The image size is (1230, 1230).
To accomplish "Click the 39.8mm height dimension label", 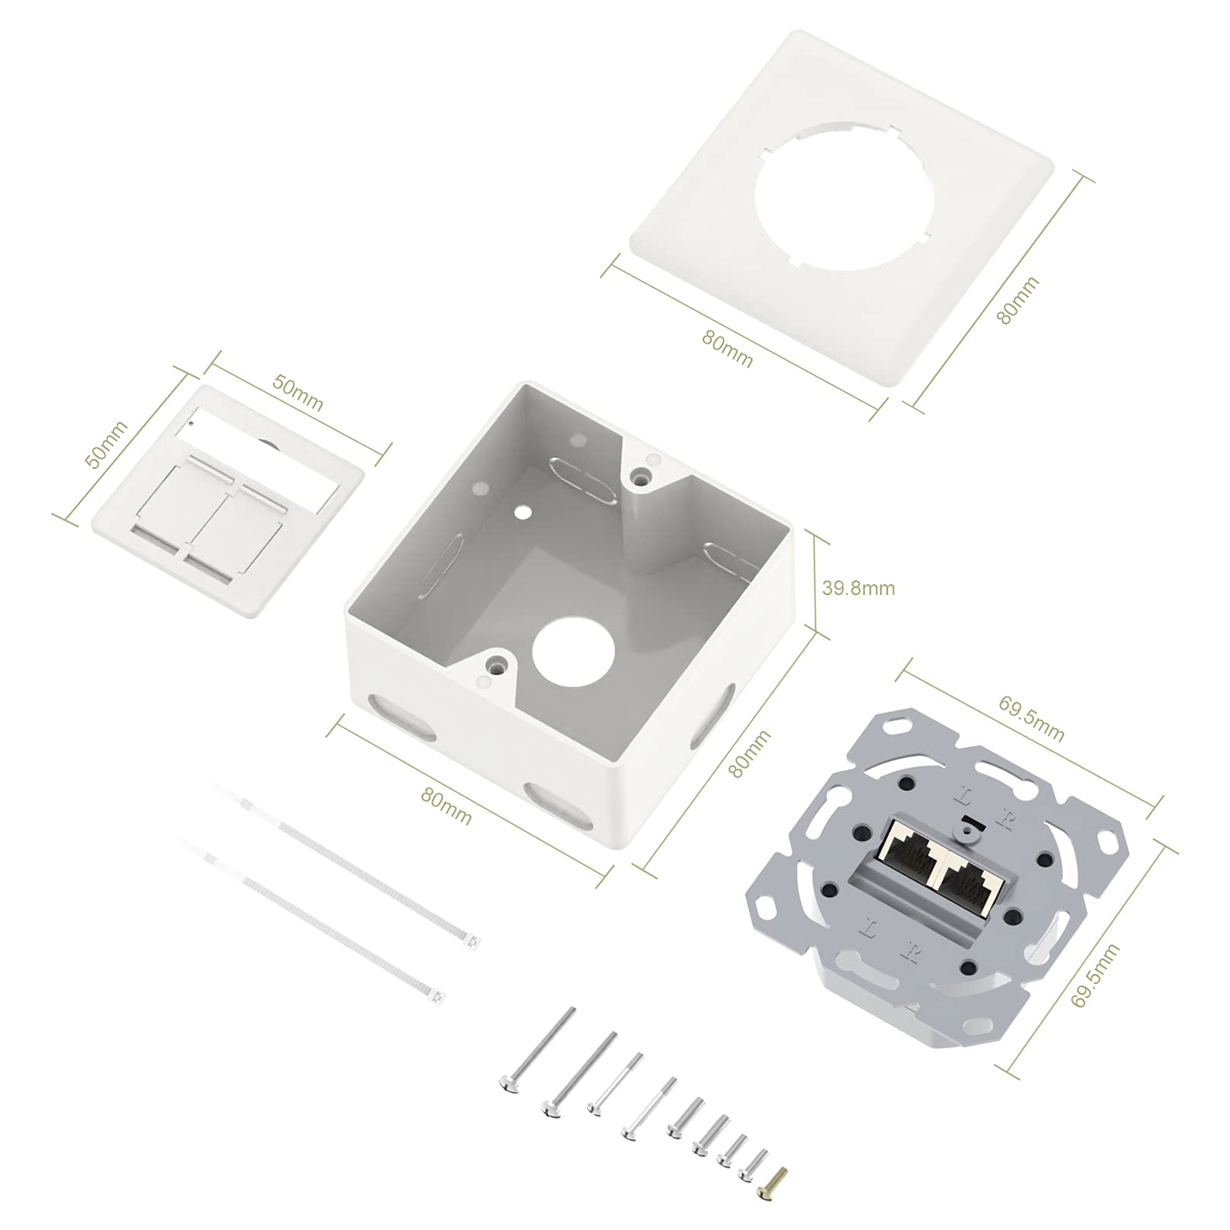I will tap(859, 588).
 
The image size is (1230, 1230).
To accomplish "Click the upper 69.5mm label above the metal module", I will tap(1031, 718).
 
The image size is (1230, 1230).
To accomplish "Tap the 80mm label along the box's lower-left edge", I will tap(446, 806).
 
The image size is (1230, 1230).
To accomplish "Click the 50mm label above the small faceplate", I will tap(298, 392).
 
